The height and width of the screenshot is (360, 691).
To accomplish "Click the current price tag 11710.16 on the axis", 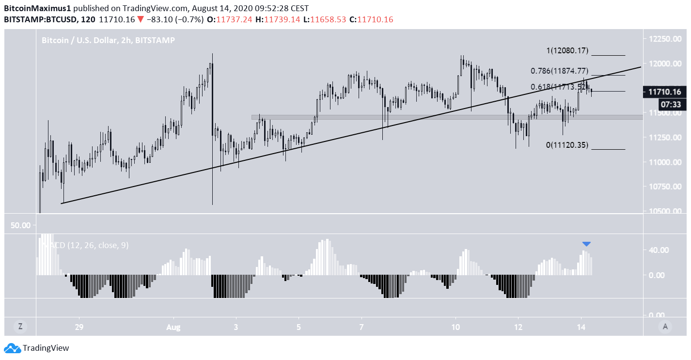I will click(x=663, y=92).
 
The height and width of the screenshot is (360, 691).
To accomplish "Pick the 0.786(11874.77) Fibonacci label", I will click(x=559, y=71).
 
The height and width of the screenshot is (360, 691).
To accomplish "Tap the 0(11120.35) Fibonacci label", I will click(x=567, y=145).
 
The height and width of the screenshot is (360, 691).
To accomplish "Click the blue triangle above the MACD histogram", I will click(x=586, y=244).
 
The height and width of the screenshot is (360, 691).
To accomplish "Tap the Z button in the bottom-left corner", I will click(x=20, y=327).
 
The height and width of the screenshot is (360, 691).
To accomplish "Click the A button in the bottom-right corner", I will click(x=665, y=327).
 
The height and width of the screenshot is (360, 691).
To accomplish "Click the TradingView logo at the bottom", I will click(x=37, y=348).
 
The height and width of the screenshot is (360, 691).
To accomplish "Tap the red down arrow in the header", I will click(x=140, y=19).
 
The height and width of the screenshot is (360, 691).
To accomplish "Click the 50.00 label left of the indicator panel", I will click(x=21, y=225).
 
